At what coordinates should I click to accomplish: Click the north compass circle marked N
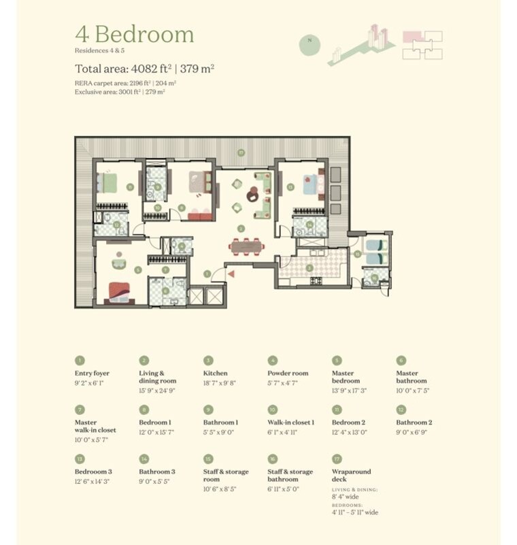[310, 40]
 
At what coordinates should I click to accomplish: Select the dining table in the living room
[245, 246]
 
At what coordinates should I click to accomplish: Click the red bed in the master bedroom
[119, 291]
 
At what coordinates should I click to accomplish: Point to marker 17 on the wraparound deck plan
[241, 152]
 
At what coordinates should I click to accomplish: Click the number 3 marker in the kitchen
[310, 268]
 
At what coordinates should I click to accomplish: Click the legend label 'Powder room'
[288, 374]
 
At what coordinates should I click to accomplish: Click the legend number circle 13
[80, 459]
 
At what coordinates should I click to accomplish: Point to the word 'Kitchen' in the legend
[216, 374]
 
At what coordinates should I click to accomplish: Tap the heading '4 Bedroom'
[134, 35]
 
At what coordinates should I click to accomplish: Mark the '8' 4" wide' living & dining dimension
[346, 497]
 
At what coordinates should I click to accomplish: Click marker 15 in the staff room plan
[356, 253]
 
